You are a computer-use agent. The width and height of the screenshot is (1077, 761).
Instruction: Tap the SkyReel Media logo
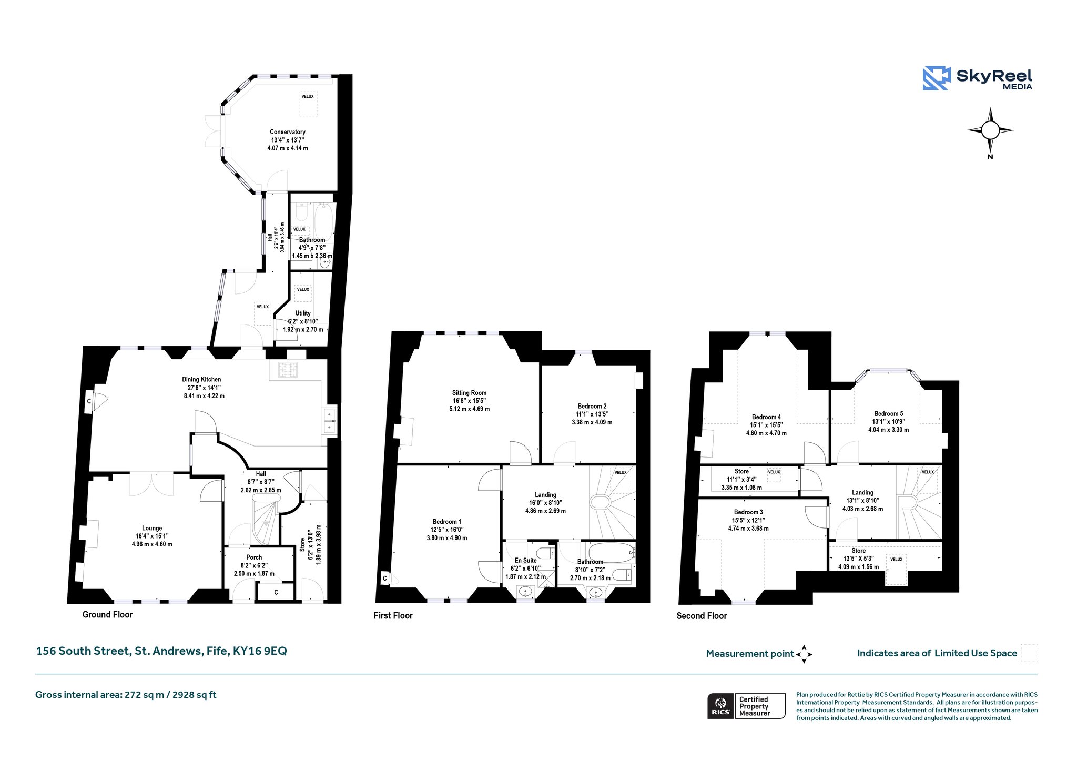pyautogui.click(x=978, y=78)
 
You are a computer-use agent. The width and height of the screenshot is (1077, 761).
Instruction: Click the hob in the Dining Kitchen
pyautogui.click(x=288, y=370)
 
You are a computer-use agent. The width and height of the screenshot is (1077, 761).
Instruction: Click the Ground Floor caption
pyautogui.click(x=108, y=614)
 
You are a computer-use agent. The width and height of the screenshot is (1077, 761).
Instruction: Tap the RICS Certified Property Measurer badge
pyautogui.click(x=746, y=706)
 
